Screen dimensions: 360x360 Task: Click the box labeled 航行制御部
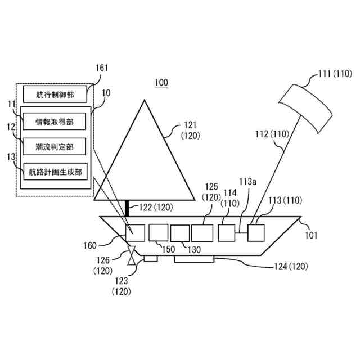pyautogui.click(x=55, y=93)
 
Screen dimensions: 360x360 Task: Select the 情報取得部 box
pyautogui.click(x=55, y=120)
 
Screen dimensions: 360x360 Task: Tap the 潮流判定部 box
pyautogui.click(x=55, y=146)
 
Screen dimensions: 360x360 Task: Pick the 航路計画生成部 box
pyautogui.click(x=55, y=172)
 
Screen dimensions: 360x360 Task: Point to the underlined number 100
pyautogui.click(x=161, y=83)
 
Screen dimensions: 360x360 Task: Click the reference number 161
pyautogui.click(x=102, y=69)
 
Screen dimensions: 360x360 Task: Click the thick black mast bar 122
pyautogui.click(x=128, y=208)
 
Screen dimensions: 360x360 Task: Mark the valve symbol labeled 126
pyautogui.click(x=132, y=255)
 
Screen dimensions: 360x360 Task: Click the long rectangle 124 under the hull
pyautogui.click(x=195, y=259)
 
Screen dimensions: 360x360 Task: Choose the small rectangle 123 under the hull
pyautogui.click(x=151, y=258)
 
